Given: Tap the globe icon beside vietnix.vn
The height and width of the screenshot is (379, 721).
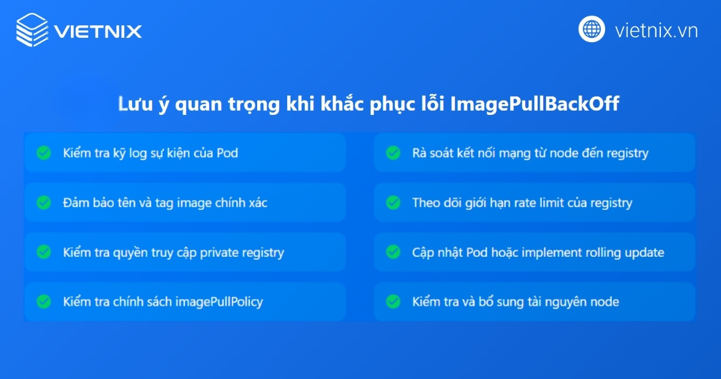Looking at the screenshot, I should [591, 29].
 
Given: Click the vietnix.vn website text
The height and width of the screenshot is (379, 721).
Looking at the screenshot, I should [656, 30].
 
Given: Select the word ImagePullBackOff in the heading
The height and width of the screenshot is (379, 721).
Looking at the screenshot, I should [535, 104].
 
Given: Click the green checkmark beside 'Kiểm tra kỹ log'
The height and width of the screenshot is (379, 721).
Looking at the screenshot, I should [44, 153].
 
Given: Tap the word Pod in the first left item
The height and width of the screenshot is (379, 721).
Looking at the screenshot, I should [227, 153].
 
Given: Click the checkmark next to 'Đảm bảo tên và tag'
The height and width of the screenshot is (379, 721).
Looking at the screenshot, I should [44, 203].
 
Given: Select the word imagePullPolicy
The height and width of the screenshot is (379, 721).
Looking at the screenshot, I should [219, 302].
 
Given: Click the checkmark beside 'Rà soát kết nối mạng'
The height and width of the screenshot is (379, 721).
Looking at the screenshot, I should [393, 153].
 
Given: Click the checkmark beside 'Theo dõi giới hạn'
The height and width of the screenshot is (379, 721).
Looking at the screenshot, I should [393, 203].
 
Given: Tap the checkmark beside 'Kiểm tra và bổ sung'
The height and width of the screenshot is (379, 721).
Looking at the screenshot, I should [393, 301].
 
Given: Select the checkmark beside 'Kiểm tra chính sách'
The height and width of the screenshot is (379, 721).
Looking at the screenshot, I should [44, 301].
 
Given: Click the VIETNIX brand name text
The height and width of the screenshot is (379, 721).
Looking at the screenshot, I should [98, 31].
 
